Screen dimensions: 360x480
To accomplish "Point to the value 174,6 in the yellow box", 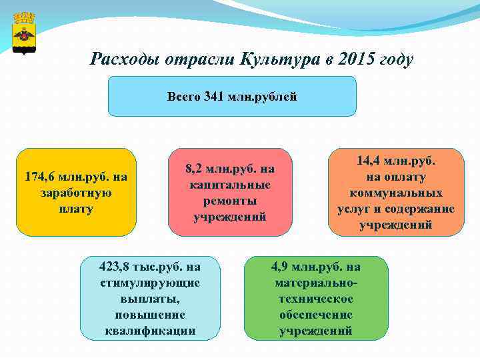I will pyautogui.click(x=39, y=177).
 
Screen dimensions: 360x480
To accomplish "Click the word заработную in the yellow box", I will pyautogui.click(x=76, y=193).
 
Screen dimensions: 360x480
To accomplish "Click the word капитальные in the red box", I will pyautogui.click(x=230, y=185).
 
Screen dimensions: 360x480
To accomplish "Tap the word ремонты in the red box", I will pyautogui.click(x=230, y=201).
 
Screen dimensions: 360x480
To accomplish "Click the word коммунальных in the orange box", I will pyautogui.click(x=396, y=193).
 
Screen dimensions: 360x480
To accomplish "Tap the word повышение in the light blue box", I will pyautogui.click(x=150, y=315).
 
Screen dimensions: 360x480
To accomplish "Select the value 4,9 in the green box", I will pyautogui.click(x=280, y=267).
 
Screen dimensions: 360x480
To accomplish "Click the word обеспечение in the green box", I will pyautogui.click(x=315, y=315).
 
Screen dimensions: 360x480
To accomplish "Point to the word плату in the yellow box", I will pyautogui.click(x=76, y=209).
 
